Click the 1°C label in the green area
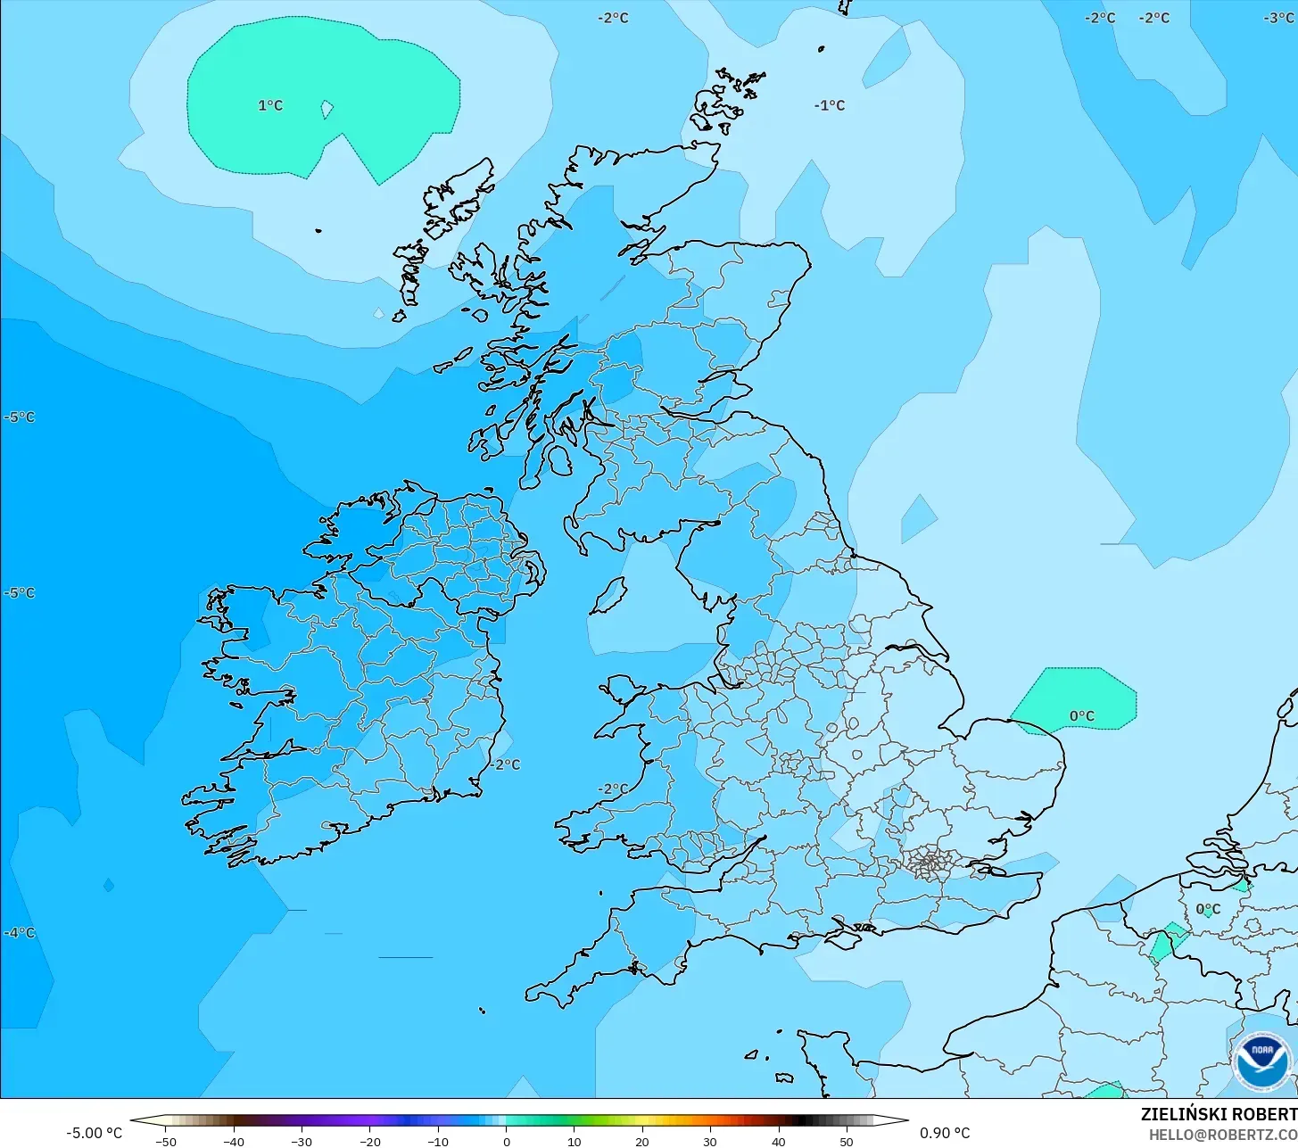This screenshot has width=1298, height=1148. click(x=270, y=105)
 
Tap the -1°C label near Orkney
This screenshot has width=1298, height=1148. click(x=829, y=105)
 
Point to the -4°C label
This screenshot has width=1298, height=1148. click(x=20, y=933)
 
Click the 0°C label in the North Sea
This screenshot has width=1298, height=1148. click(x=1081, y=716)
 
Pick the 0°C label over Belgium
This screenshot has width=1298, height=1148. click(x=1208, y=909)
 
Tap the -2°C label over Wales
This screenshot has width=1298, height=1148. click(x=613, y=789)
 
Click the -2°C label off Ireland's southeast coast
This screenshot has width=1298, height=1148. click(x=505, y=764)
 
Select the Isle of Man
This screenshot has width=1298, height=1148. click(x=608, y=596)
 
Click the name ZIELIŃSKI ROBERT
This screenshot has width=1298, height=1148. click(x=1219, y=1114)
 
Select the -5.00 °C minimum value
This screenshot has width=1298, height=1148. click(x=95, y=1133)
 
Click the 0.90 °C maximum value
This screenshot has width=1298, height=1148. click(x=945, y=1133)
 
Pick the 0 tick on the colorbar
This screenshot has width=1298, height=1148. click(x=506, y=1141)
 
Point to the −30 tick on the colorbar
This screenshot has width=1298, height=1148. click(x=302, y=1141)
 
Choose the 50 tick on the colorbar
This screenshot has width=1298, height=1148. click(x=846, y=1141)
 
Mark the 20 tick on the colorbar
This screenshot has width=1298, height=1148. click(x=641, y=1141)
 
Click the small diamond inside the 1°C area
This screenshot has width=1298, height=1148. click(x=327, y=109)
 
